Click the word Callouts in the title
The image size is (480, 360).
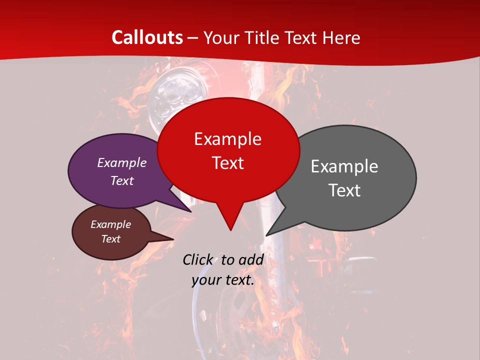(x=147, y=37)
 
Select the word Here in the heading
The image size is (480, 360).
(x=341, y=37)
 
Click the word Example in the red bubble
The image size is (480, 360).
(x=227, y=138)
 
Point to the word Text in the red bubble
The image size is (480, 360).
(x=227, y=162)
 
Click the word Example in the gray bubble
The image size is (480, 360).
(x=344, y=166)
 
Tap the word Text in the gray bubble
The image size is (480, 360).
(x=344, y=190)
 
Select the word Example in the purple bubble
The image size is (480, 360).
(x=121, y=162)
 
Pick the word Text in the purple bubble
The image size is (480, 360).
(x=121, y=180)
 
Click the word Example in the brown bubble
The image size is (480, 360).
(x=110, y=224)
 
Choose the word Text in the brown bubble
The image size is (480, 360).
(x=110, y=239)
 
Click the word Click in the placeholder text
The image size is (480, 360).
(x=198, y=259)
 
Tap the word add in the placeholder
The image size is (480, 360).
(x=251, y=259)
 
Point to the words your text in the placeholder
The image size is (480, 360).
(x=222, y=280)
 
